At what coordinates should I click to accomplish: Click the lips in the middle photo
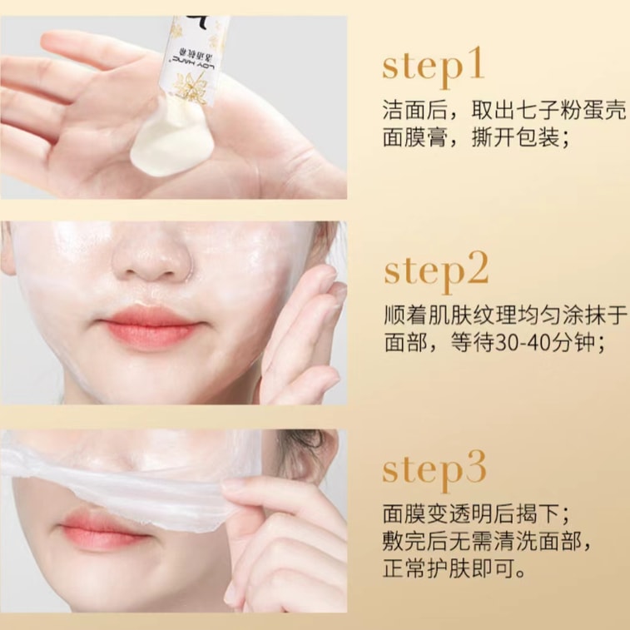149,327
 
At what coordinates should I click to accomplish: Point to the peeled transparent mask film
125,470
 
